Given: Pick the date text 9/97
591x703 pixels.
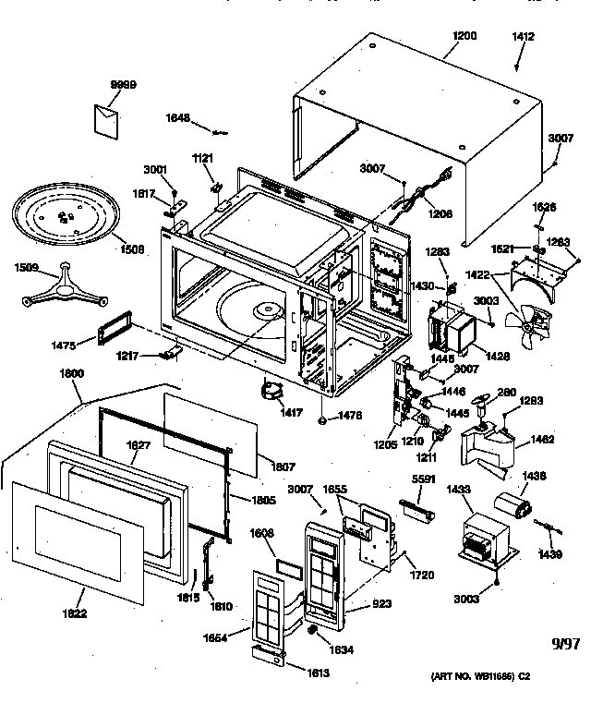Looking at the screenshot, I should [565, 644].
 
